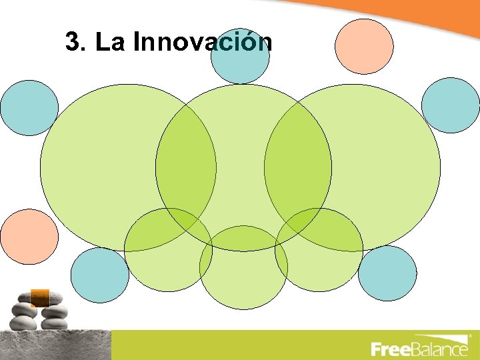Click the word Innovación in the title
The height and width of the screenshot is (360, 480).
point(203,42)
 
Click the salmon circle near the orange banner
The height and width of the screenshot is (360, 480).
point(364,46)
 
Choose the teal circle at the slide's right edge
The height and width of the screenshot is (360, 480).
point(451,105)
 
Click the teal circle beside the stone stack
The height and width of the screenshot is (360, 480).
point(99,275)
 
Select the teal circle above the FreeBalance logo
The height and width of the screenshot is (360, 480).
point(387,273)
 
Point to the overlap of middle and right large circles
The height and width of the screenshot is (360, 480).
point(297,167)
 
